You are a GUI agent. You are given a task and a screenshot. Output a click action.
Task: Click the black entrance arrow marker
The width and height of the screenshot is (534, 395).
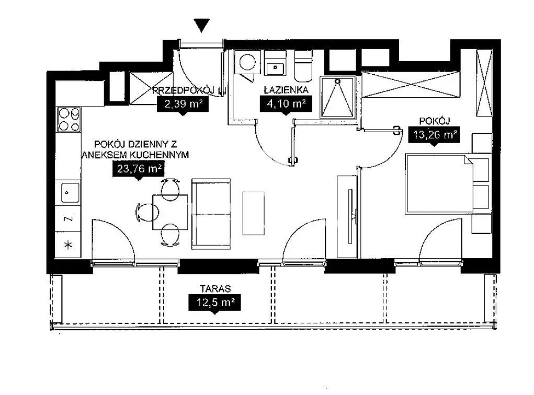coord(201,25)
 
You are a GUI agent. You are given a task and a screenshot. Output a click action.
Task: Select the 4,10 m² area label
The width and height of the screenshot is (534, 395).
coord(286,103)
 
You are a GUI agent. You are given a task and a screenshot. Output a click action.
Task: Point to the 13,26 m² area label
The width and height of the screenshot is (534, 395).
coord(434,134)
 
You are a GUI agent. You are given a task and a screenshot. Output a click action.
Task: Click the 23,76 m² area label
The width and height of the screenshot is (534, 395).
coord(139,168)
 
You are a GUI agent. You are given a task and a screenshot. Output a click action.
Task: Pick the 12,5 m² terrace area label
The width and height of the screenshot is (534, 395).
coord(215,302)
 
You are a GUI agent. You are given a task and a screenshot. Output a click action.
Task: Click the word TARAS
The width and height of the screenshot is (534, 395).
coord(215,288)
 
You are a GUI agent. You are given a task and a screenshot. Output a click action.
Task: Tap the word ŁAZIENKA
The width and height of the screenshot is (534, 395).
coord(287,90)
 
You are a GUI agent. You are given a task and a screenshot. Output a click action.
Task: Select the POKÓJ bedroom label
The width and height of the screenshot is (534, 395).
coord(435,121)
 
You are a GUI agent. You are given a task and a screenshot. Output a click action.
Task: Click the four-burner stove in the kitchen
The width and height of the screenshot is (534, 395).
coord(69,119)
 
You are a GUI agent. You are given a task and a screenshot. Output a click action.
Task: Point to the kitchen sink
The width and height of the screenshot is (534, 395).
coord(70,193)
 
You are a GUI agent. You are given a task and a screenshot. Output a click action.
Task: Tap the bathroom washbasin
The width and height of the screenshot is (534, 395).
coord(275,69)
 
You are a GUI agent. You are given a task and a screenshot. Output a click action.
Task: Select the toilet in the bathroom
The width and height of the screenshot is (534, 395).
coord(303,66)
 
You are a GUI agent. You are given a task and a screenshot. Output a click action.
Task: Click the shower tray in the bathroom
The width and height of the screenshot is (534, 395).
coord(337,97)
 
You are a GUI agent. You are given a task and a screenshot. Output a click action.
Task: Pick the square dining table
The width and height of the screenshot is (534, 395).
coord(170,212)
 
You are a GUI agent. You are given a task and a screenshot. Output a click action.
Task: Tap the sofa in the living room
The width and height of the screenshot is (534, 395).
coord(211,214)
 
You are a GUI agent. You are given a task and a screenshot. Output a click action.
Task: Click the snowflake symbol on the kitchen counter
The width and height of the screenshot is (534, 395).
coord(69,245)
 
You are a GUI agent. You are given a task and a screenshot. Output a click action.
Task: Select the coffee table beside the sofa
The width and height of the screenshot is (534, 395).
coord(253,213)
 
